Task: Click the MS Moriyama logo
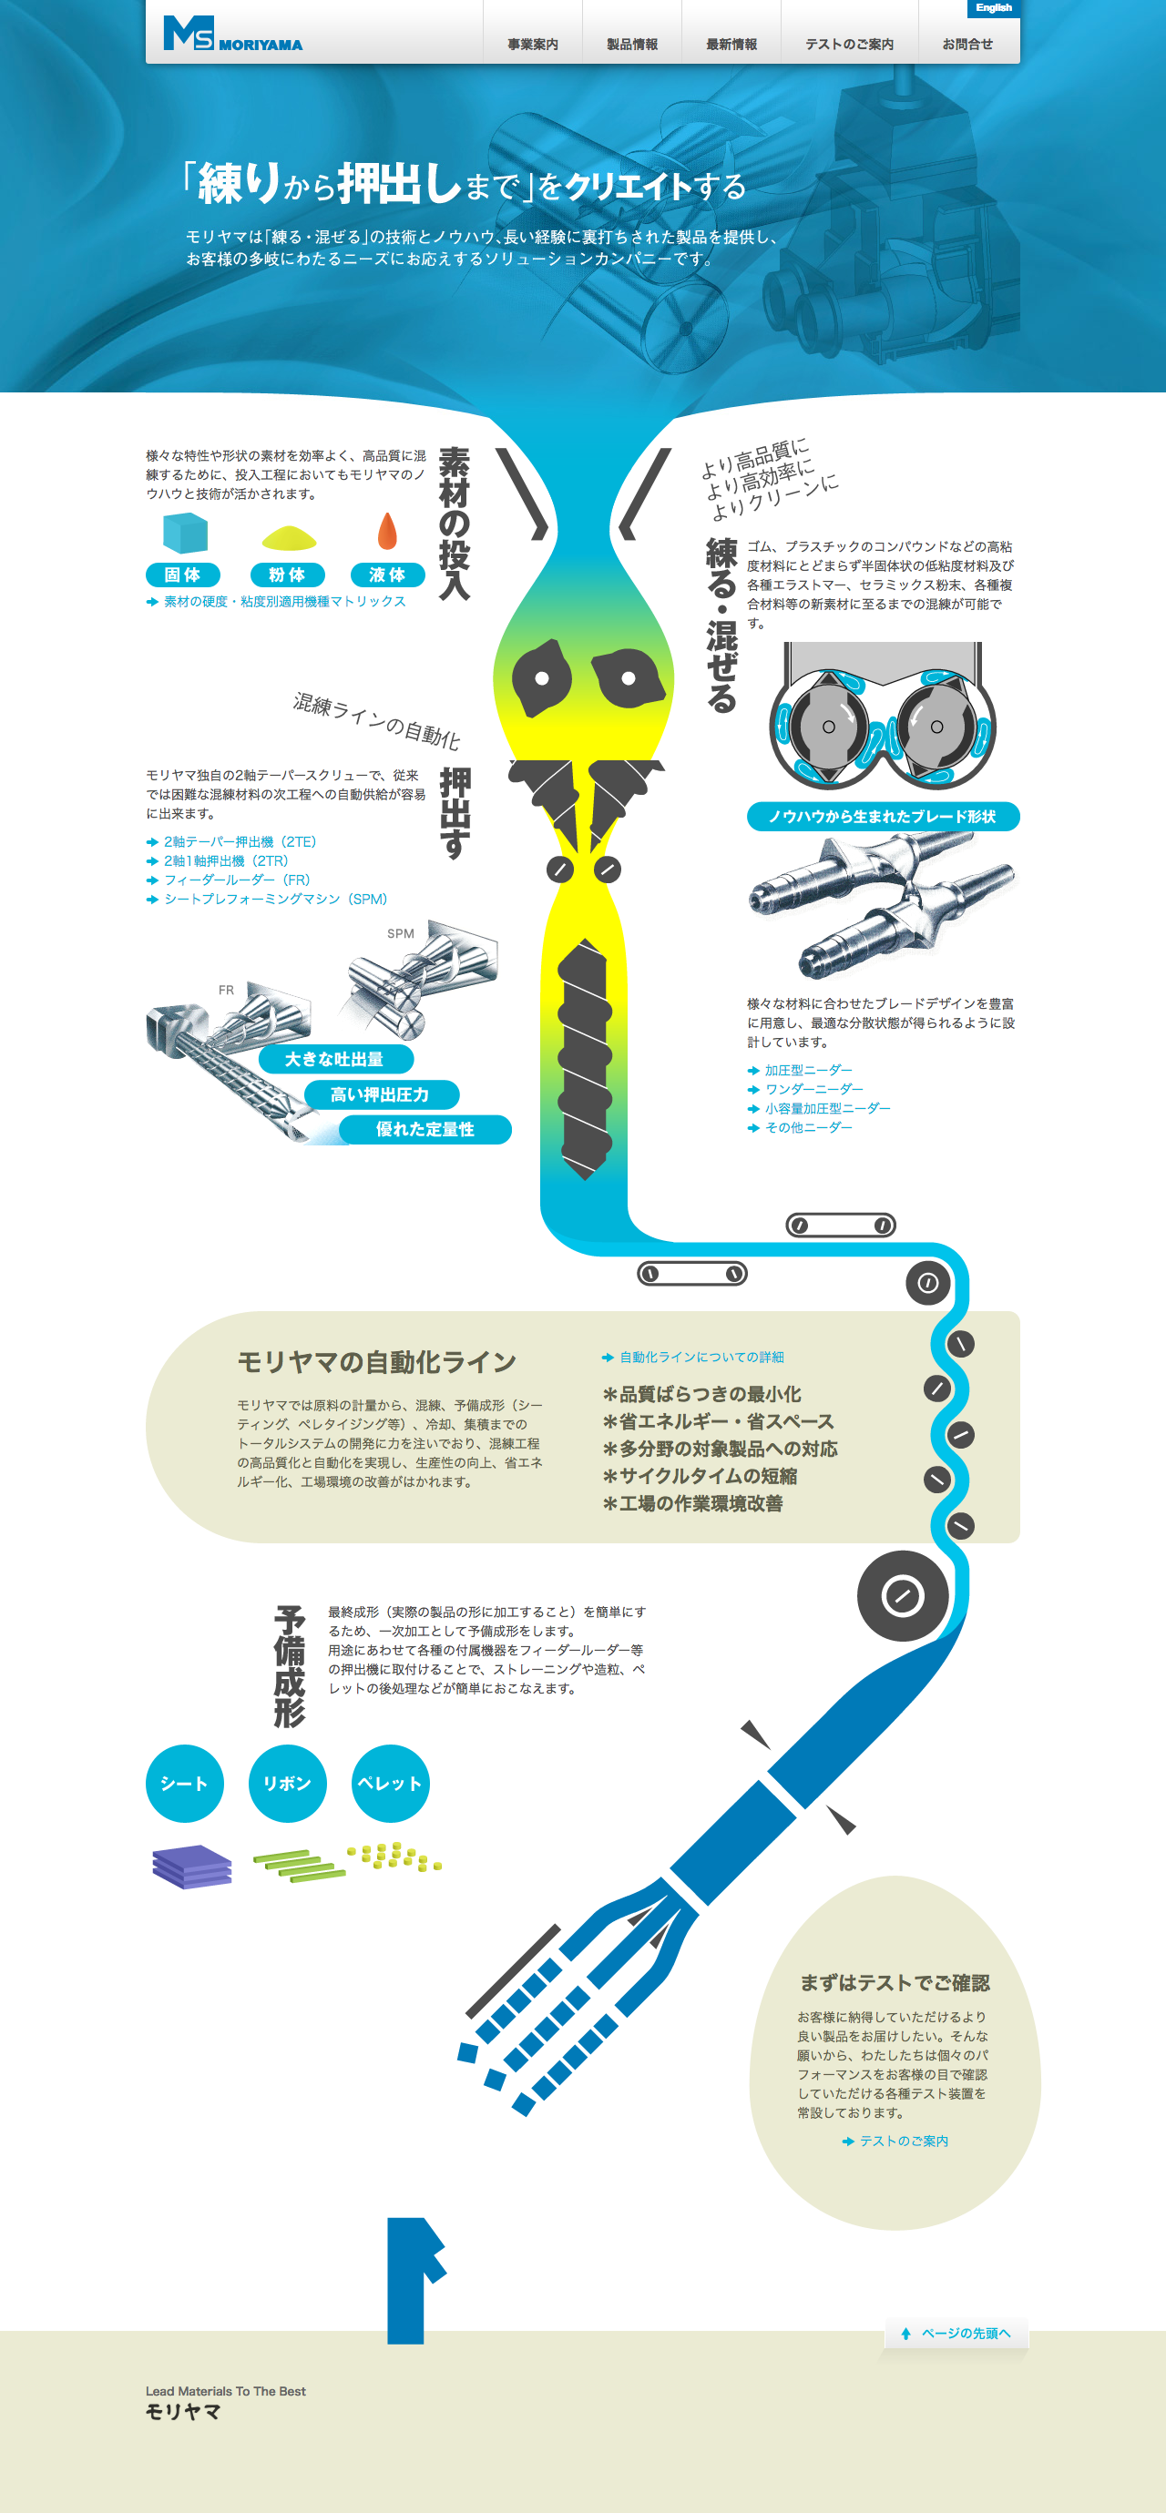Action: (x=232, y=35)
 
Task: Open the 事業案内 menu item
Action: (x=533, y=44)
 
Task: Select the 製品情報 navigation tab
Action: (x=632, y=44)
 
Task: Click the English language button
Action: (x=993, y=8)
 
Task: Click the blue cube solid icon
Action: (x=184, y=534)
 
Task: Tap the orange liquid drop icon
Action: (x=387, y=532)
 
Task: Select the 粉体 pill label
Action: (x=287, y=575)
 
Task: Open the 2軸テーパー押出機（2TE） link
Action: (x=239, y=842)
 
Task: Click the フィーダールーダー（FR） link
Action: (x=236, y=880)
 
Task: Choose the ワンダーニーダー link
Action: (x=813, y=1089)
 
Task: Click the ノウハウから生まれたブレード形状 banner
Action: (x=882, y=817)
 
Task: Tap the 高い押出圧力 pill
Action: (x=380, y=1094)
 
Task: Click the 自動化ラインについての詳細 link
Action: (x=701, y=1357)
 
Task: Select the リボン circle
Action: (x=287, y=1784)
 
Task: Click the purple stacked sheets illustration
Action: (x=192, y=1867)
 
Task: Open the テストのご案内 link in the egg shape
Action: (x=903, y=2141)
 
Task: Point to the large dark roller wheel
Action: (x=903, y=1596)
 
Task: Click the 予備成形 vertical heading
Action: (x=290, y=1666)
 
